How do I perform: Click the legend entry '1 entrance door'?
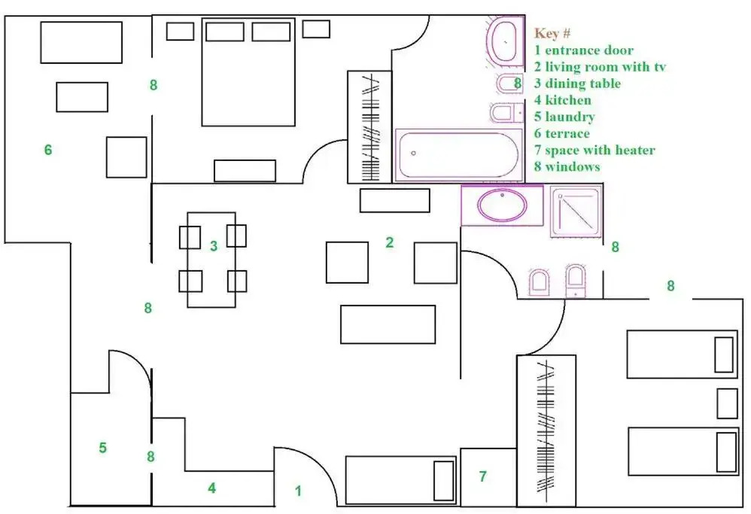584,50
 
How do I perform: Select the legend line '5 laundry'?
564,117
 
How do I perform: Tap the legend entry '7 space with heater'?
594,150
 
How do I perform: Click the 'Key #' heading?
552,33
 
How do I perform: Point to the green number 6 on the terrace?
48,150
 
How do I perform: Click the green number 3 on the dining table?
214,246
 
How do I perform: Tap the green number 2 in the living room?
390,242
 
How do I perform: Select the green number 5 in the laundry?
102,448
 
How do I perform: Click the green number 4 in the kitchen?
211,488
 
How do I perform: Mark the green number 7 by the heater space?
483,476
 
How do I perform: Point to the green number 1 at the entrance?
299,491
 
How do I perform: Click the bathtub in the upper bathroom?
458,154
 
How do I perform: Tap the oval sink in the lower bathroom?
501,205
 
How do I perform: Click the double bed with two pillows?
248,72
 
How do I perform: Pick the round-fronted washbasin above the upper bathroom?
504,40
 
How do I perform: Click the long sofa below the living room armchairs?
388,324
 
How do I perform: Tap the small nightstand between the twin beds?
727,403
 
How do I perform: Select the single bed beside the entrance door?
400,480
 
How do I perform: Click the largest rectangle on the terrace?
81,42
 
